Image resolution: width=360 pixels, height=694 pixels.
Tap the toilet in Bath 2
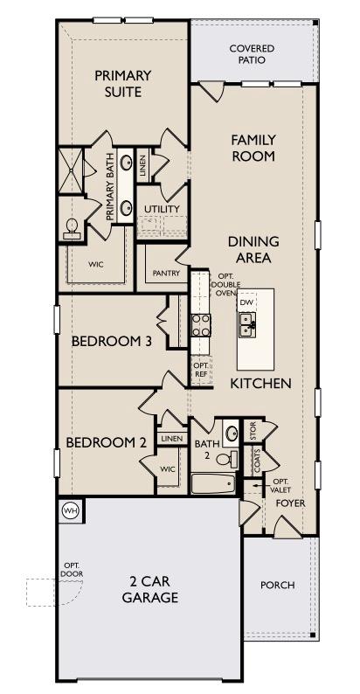[227, 460]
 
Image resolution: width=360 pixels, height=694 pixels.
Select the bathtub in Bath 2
[213, 484]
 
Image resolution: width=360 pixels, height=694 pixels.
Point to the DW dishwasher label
[246, 302]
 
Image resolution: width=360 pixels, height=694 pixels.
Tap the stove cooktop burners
[201, 325]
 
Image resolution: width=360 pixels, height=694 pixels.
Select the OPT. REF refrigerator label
[199, 370]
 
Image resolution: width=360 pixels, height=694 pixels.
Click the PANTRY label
[166, 273]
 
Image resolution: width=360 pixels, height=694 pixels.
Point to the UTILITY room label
[162, 209]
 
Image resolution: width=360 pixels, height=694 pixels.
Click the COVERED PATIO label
[252, 53]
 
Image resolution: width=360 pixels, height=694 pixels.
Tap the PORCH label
[277, 585]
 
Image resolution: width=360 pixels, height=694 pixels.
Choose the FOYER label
[291, 503]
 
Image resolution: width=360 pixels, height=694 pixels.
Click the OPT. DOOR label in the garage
[73, 570]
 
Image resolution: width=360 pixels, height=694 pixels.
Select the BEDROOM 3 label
[112, 341]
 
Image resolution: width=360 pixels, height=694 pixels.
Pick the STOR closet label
[253, 434]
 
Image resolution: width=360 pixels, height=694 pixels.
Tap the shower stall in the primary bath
[71, 171]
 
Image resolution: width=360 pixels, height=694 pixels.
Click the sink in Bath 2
[231, 432]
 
